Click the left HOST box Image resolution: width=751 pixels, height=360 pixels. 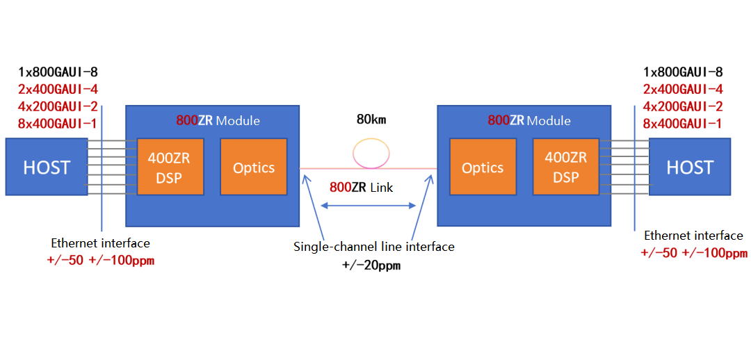pyautogui.click(x=46, y=167)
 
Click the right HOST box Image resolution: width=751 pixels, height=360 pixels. pyautogui.click(x=689, y=167)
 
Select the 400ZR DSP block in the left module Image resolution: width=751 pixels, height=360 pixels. pyautogui.click(x=169, y=167)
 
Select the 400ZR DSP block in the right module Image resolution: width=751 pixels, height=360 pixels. pyautogui.click(x=565, y=167)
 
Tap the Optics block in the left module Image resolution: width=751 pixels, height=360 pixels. pyautogui.click(x=254, y=167)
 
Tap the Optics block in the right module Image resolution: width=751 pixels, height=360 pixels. pyautogui.click(x=483, y=167)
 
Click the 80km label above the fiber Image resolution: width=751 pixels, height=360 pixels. pyautogui.click(x=371, y=119)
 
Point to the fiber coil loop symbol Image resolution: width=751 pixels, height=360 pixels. pyautogui.click(x=371, y=153)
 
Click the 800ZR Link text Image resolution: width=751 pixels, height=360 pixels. pyautogui.click(x=361, y=187)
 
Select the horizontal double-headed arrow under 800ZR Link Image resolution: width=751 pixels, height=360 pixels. pyautogui.click(x=368, y=205)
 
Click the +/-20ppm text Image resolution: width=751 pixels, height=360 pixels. pyautogui.click(x=373, y=265)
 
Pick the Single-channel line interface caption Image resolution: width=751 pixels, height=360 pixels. pyautogui.click(x=373, y=247)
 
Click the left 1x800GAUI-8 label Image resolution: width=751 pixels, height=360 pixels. pyautogui.click(x=58, y=72)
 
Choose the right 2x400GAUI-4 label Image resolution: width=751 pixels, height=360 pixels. pyautogui.click(x=683, y=89)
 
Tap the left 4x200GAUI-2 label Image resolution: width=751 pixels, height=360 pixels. pyautogui.click(x=58, y=106)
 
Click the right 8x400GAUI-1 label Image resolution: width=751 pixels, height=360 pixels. pyautogui.click(x=683, y=124)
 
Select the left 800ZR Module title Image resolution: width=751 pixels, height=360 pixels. pyautogui.click(x=218, y=120)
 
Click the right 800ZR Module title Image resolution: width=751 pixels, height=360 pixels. pyautogui.click(x=528, y=120)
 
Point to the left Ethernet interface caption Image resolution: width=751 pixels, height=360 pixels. pyautogui.click(x=100, y=243)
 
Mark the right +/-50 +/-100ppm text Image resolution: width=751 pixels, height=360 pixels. pyautogui.click(x=693, y=253)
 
